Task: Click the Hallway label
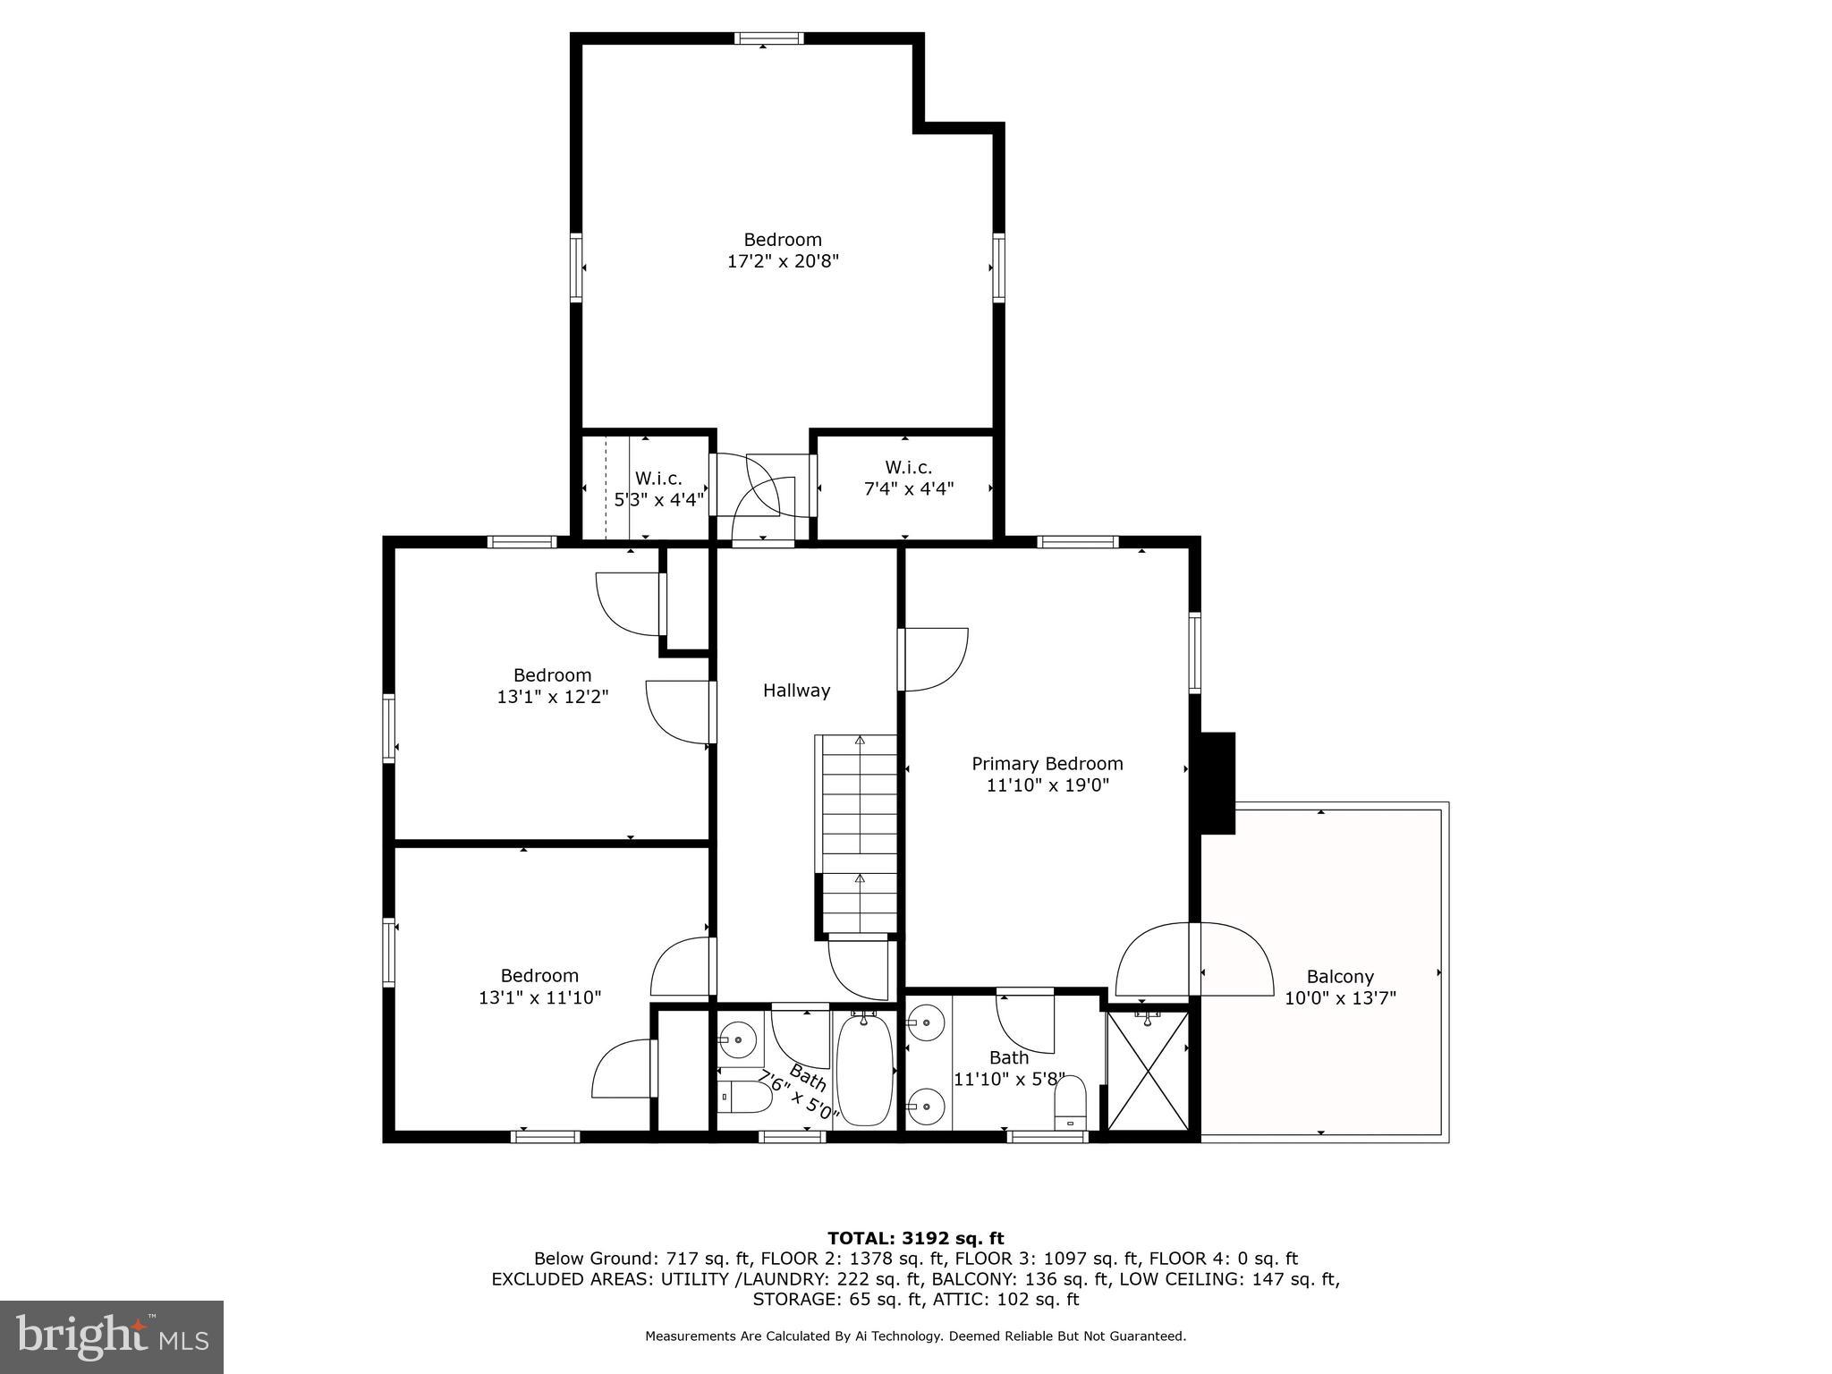796,691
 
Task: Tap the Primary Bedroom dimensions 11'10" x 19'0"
1047,785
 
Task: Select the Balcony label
1339,977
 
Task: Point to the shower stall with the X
1149,1071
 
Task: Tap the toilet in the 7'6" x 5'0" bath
744,1097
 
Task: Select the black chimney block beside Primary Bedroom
1217,783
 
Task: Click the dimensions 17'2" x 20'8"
783,262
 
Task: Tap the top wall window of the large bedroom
768,38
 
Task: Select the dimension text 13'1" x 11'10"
539,997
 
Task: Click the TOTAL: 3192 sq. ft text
915,1238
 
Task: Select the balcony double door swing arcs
1194,962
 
